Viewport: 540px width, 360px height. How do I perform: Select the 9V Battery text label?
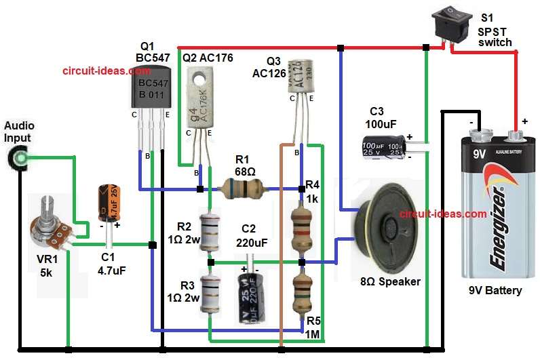tap(495, 291)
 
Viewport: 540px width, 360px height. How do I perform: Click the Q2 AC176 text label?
tap(208, 58)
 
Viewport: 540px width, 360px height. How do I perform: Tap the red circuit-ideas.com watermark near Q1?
tap(95, 70)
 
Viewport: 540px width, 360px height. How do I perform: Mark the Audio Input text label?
tap(19, 132)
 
